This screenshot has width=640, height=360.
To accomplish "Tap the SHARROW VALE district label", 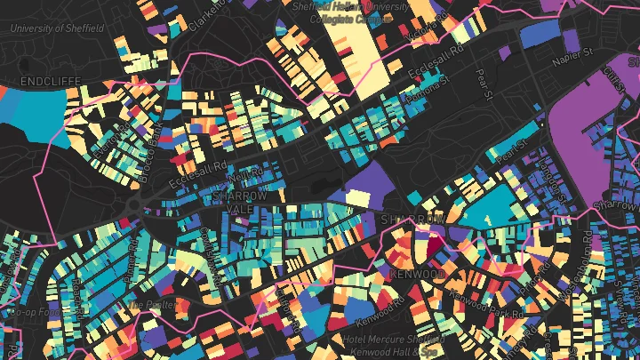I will pyautogui.click(x=239, y=202).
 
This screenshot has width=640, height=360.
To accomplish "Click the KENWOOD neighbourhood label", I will pyautogui.click(x=417, y=274).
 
